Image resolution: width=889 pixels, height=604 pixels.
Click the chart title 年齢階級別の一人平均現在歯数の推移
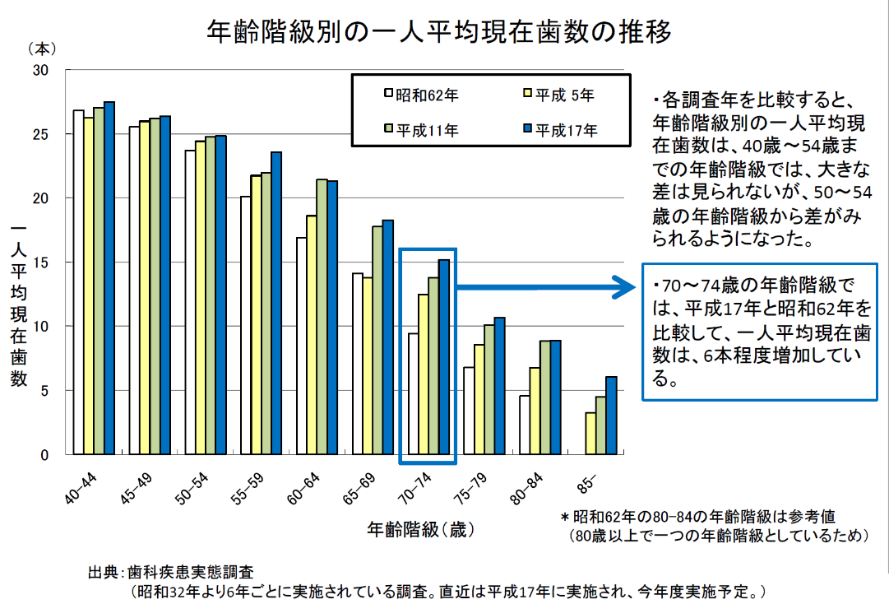[x=439, y=31]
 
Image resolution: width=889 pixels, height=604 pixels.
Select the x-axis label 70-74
[x=414, y=486]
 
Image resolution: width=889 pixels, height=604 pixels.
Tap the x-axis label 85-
[x=585, y=481]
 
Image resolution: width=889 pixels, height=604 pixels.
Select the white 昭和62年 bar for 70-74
[x=414, y=393]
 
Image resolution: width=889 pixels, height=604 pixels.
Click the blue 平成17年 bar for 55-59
[x=276, y=303]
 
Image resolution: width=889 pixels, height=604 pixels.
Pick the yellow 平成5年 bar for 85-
[x=590, y=434]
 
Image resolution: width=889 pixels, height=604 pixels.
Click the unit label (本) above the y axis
[x=42, y=49]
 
